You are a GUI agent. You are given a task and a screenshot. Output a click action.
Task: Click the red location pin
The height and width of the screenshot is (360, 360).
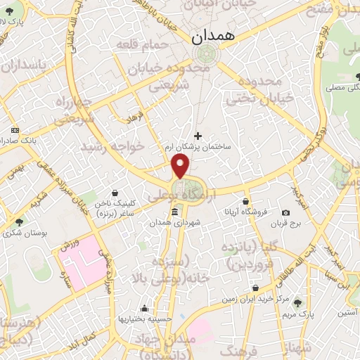tap(181, 166)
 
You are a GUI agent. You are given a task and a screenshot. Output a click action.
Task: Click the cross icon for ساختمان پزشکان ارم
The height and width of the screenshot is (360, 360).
tap(198, 136)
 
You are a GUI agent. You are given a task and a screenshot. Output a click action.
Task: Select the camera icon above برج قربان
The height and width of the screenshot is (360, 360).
tap(285, 213)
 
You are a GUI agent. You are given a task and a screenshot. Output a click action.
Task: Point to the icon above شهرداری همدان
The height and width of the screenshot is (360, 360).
tap(174, 212)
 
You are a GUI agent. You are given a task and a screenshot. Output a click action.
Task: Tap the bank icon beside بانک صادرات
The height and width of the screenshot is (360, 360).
tap(15, 130)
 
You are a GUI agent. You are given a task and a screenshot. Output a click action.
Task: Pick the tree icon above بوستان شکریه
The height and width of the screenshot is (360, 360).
tap(18, 222)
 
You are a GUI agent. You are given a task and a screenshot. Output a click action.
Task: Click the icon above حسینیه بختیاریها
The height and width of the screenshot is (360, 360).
tap(145, 308)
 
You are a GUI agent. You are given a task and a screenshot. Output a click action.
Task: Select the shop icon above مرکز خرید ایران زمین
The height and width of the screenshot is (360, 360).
tap(255, 288)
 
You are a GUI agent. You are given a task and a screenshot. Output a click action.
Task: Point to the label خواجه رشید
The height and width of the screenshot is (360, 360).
tap(112, 146)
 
